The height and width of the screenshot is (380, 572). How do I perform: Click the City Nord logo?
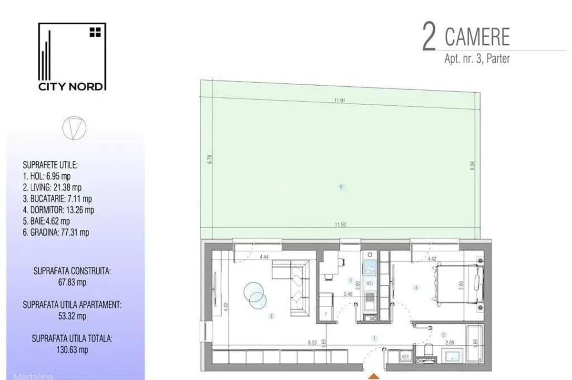pos(72,57)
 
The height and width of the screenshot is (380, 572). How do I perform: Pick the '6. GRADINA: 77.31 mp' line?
pos(56,233)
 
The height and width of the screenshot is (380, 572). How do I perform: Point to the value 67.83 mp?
pos(72,282)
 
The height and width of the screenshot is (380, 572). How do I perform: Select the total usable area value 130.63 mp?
pos(72,350)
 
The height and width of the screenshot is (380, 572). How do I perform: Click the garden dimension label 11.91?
pos(339,100)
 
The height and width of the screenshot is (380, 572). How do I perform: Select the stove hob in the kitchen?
pos(370,269)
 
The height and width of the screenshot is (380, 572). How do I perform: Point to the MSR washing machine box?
pos(405,356)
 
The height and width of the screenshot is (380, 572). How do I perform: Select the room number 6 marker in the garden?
pos(341,187)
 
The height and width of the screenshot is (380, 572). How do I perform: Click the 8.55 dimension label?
pos(312,341)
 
